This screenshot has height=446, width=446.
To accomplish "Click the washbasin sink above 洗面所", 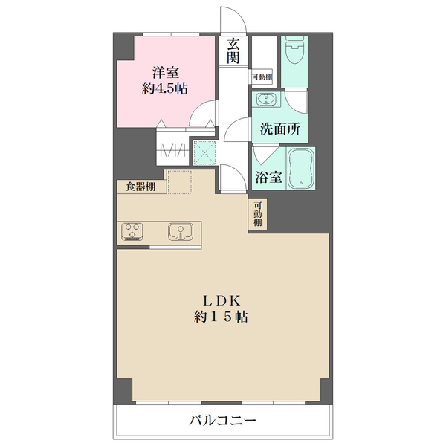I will click(265, 100).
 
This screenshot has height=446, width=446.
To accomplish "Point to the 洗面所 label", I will click(279, 129).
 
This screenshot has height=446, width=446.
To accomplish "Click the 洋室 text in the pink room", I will click(165, 73).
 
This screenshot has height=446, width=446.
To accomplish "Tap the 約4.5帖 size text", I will click(165, 88).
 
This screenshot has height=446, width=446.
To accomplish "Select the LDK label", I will click(222, 300).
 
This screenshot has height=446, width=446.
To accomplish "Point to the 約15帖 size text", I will click(222, 316).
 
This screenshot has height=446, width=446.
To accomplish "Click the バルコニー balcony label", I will click(222, 421).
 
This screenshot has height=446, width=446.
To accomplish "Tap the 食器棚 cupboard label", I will click(140, 187).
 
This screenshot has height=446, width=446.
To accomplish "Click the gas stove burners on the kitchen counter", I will click(133, 232).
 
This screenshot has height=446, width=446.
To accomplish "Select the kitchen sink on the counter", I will click(180, 233).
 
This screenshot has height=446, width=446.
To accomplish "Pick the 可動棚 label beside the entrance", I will click(262, 77).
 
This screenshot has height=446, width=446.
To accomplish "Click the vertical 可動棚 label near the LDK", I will click(258, 214).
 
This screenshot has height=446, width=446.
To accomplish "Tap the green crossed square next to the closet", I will click(204, 152).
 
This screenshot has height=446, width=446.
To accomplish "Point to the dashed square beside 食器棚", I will click(179, 182).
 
